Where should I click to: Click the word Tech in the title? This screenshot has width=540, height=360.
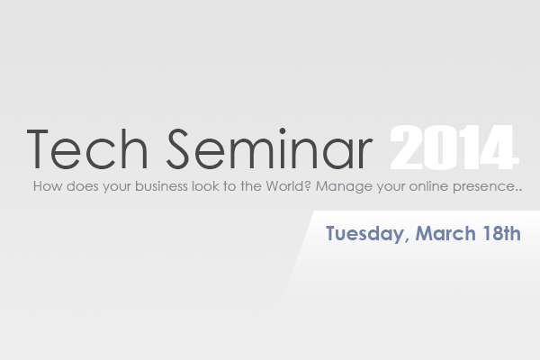(87, 148)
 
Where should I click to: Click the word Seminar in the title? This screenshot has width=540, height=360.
(270, 148)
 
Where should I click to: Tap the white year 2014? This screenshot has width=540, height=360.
(454, 148)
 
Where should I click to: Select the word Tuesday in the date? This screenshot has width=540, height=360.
(364, 234)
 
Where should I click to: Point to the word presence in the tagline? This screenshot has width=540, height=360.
(484, 187)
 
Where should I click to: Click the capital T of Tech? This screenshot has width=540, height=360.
(37, 149)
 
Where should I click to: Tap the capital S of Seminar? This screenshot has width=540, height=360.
(178, 148)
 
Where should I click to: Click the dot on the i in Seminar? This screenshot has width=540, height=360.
(283, 130)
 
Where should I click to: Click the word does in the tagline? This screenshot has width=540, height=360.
(82, 186)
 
